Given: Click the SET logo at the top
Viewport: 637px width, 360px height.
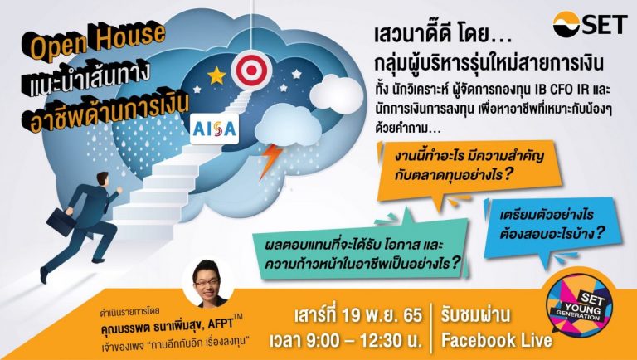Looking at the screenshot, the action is [x=591, y=24].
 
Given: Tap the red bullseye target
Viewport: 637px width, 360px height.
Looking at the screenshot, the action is [x=251, y=71].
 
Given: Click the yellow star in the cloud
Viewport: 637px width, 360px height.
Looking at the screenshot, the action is [x=216, y=75].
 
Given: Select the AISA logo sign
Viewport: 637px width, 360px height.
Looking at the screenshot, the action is [x=214, y=129].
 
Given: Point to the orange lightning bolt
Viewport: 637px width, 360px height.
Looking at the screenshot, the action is [x=270, y=161].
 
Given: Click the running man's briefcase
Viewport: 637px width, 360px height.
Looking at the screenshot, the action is [x=61, y=221].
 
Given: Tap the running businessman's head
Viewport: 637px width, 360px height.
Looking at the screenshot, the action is [x=103, y=179].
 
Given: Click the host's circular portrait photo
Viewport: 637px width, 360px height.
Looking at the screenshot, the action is [x=208, y=283].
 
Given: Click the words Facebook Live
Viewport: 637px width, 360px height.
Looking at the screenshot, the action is [x=497, y=340].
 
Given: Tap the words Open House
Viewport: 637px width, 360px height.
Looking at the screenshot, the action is [x=98, y=41].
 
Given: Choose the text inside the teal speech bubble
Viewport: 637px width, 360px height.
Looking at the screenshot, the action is [x=362, y=255].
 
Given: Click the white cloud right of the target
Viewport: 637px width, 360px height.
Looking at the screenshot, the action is [x=336, y=95].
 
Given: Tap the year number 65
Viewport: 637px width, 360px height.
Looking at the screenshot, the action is [x=412, y=315].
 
